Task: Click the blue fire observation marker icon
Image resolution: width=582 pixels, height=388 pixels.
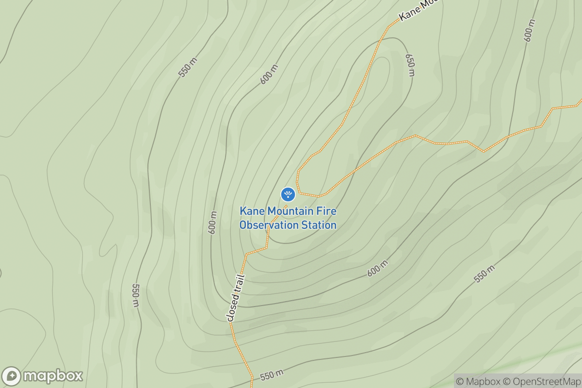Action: click(x=288, y=194)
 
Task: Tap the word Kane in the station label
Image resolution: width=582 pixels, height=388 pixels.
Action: click(x=251, y=211)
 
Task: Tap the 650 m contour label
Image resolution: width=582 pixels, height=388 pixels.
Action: click(x=410, y=65)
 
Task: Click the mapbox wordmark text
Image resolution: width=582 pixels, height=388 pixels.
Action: click(x=53, y=376)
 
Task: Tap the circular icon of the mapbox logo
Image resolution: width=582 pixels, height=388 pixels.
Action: click(x=11, y=376)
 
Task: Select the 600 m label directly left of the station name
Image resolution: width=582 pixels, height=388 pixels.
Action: click(x=212, y=223)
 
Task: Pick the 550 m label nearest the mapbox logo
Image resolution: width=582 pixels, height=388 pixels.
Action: click(x=135, y=295)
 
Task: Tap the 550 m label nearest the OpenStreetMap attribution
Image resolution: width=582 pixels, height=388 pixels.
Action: click(x=484, y=275)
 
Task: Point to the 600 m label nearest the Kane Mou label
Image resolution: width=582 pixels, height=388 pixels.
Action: click(x=531, y=30)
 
